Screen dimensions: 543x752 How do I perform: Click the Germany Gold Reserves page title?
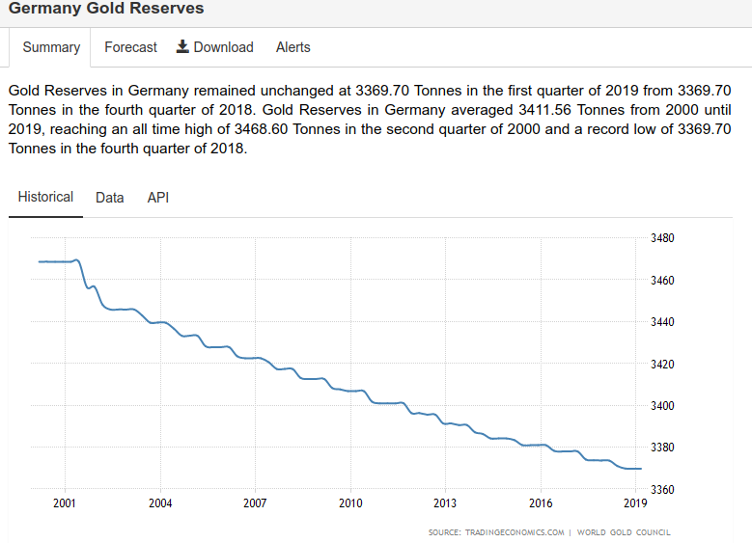pyautogui.click(x=106, y=9)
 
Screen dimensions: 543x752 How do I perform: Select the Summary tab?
pyautogui.click(x=51, y=47)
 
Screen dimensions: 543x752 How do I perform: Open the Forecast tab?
pyautogui.click(x=130, y=47)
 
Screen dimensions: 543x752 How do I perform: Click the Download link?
pyautogui.click(x=223, y=47)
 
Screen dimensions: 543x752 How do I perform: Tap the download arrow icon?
pyautogui.click(x=182, y=47)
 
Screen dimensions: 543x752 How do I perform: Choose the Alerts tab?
pyautogui.click(x=293, y=47)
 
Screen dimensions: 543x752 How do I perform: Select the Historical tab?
pyautogui.click(x=45, y=197)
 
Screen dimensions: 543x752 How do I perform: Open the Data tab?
pyautogui.click(x=110, y=198)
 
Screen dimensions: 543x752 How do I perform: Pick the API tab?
pyautogui.click(x=158, y=198)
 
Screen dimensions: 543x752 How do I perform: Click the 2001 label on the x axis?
pyautogui.click(x=65, y=503)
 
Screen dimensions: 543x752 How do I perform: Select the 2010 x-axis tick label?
pyautogui.click(x=350, y=503)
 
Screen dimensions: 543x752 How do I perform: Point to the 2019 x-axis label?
pyautogui.click(x=635, y=503)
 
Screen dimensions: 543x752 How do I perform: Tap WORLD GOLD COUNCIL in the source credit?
pyautogui.click(x=624, y=532)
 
